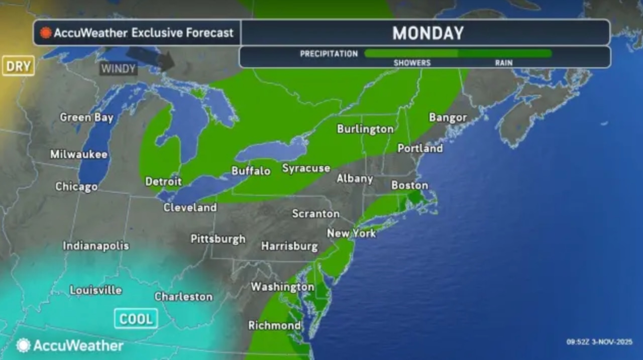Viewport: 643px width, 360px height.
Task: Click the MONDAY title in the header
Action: click(427, 33)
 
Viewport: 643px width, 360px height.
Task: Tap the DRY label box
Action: click(18, 66)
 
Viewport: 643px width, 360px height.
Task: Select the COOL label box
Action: click(136, 318)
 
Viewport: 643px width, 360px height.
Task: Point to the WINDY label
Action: click(118, 68)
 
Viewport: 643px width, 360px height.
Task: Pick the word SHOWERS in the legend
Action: click(412, 63)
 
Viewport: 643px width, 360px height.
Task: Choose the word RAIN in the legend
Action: click(503, 63)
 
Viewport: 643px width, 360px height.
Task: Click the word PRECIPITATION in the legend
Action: click(329, 54)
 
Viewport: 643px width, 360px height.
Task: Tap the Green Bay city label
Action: click(86, 117)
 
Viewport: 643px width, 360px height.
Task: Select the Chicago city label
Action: click(76, 187)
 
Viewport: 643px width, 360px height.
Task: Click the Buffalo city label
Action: click(251, 171)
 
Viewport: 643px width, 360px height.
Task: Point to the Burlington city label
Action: click(365, 129)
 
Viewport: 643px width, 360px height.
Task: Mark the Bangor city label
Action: click(448, 118)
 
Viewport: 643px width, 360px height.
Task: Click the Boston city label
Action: click(409, 185)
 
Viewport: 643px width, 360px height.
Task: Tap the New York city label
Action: click(351, 233)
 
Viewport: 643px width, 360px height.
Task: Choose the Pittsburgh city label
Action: click(218, 239)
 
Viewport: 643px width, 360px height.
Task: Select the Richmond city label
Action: click(274, 325)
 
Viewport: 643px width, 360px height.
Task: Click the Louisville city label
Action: click(95, 290)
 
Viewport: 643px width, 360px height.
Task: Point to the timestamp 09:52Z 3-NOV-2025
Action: click(600, 342)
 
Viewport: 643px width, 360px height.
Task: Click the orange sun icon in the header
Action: click(46, 33)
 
